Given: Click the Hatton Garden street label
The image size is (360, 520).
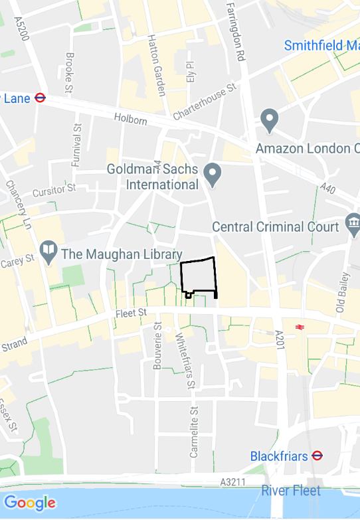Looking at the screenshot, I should [156, 65].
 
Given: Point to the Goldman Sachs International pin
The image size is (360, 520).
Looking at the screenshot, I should [213, 174].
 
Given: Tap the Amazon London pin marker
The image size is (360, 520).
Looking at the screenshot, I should [269, 120].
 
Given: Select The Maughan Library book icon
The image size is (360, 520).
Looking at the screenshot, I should [48, 251].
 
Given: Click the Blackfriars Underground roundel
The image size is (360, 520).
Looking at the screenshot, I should [317, 456].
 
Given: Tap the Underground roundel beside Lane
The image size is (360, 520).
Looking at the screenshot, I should [40, 98].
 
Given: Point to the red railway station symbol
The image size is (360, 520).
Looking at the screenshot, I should [300, 326].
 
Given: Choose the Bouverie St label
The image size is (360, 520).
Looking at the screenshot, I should [157, 346].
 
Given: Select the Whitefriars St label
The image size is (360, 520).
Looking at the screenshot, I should [185, 361].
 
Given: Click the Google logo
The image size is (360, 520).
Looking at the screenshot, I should [29, 503].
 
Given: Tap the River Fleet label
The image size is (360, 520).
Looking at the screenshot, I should [291, 491].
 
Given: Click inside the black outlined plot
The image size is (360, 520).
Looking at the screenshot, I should [198, 276].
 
